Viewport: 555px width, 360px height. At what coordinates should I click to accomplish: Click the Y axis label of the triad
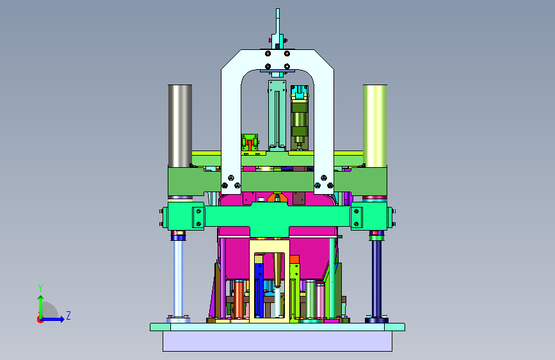pyautogui.click(x=40, y=288)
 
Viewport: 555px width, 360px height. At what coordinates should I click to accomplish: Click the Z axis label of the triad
pyautogui.click(x=68, y=315)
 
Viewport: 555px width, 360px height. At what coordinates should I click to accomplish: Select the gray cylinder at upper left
pyautogui.click(x=180, y=126)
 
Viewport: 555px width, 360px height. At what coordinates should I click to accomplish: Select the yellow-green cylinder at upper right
pyautogui.click(x=375, y=126)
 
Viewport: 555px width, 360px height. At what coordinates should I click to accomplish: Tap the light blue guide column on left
pyautogui.click(x=178, y=279)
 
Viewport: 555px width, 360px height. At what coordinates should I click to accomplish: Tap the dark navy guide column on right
pyautogui.click(x=376, y=279)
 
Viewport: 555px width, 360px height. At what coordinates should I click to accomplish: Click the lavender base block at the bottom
pyautogui.click(x=278, y=341)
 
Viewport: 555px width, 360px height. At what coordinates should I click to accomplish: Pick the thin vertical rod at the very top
pyautogui.click(x=278, y=22)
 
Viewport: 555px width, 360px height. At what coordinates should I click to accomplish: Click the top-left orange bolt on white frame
pyautogui.click(x=268, y=54)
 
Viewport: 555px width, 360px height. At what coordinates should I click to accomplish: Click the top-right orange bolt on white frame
pyautogui.click(x=287, y=54)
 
